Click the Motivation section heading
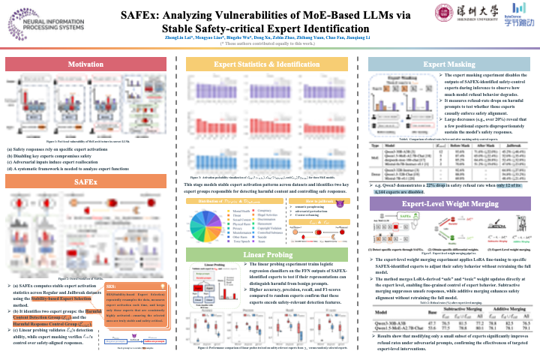coord(86,65)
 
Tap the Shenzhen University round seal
coord(443,13)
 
